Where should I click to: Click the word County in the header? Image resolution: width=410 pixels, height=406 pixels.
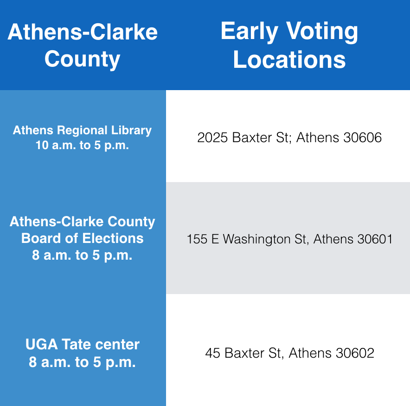tap(83, 59)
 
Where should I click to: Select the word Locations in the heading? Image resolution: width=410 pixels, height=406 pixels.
tap(289, 60)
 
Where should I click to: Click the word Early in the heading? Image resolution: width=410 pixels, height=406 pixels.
tap(249, 32)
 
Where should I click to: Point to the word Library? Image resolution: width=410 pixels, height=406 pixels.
tap(131, 131)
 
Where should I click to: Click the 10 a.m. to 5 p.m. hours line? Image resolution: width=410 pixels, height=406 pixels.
tap(83, 145)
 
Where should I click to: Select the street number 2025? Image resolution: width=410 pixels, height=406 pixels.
tap(212, 138)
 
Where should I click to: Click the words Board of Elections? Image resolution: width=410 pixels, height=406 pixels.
tap(83, 238)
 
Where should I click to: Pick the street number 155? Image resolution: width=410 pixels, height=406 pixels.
tap(197, 239)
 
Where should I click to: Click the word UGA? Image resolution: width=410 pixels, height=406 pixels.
tap(42, 344)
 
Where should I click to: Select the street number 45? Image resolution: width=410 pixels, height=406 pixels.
tap(212, 353)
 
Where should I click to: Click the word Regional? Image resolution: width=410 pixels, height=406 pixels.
tap(83, 130)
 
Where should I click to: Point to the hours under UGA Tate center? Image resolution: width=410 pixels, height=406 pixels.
tap(82, 362)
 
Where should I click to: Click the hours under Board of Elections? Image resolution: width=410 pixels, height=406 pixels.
tap(82, 255)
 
